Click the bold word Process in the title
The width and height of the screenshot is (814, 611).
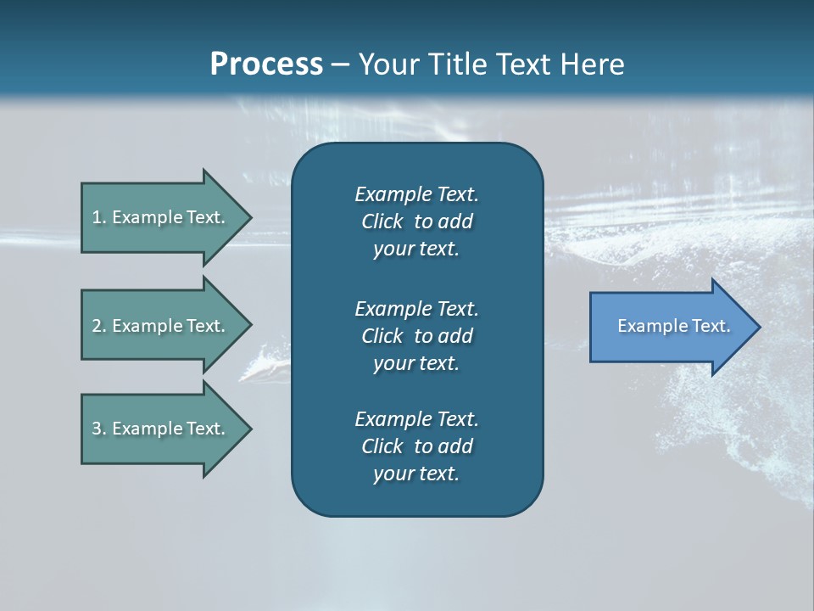click(x=266, y=64)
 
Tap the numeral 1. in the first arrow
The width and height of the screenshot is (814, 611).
click(x=98, y=217)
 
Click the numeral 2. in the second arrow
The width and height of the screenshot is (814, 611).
click(x=98, y=326)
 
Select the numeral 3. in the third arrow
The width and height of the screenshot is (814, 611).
click(x=98, y=429)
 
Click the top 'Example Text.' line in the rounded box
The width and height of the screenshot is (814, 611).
click(x=416, y=194)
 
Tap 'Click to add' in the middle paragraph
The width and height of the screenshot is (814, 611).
click(x=416, y=336)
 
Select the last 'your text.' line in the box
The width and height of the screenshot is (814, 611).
click(x=416, y=474)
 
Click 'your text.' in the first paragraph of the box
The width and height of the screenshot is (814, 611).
click(x=416, y=249)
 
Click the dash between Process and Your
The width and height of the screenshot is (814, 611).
click(x=340, y=64)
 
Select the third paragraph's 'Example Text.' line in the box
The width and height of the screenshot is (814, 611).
click(x=416, y=419)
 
